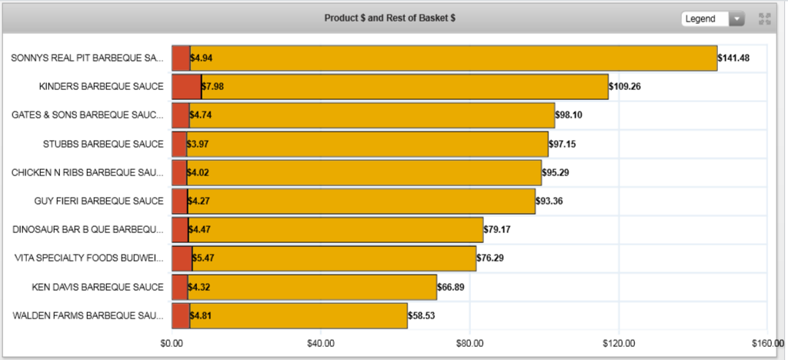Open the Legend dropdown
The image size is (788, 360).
click(x=713, y=18)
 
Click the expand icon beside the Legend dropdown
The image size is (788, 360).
click(x=764, y=19)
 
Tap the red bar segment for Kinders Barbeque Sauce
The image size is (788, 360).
click(x=186, y=86)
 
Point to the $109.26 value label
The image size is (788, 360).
click(x=625, y=86)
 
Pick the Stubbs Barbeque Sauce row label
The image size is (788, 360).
click(x=103, y=144)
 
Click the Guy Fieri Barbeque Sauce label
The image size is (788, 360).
click(x=99, y=202)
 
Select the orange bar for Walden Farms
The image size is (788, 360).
click(x=299, y=315)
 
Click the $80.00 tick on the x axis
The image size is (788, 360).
click(x=469, y=343)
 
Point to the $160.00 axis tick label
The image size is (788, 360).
click(x=766, y=343)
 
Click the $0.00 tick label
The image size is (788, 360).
click(x=172, y=343)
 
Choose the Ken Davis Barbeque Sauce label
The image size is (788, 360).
click(x=98, y=287)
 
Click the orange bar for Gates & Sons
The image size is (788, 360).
click(x=372, y=115)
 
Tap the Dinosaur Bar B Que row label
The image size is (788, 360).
click(x=88, y=230)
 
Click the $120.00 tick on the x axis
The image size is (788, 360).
click(x=618, y=343)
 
